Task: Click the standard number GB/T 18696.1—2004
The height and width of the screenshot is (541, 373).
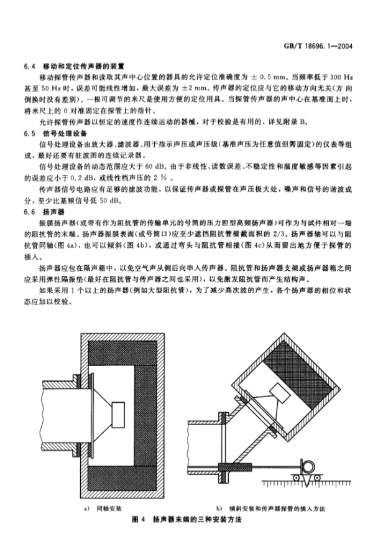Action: (x=318, y=46)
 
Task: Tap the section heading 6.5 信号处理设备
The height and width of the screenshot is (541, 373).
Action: (x=55, y=133)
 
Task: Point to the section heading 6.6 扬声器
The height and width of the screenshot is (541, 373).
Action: (x=44, y=212)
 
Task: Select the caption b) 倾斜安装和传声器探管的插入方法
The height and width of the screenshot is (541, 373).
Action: (x=270, y=509)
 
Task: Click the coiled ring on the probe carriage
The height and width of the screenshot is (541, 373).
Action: (x=307, y=466)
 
